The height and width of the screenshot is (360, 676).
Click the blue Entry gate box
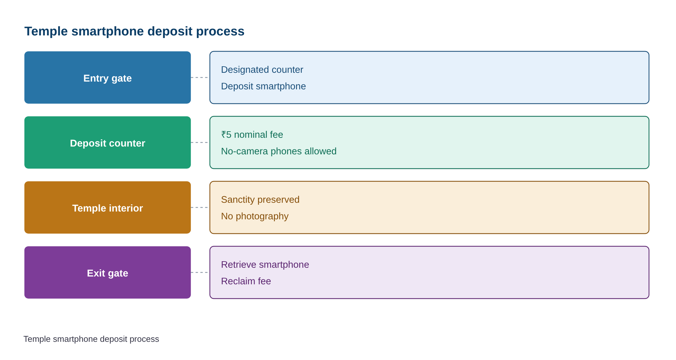click(x=108, y=78)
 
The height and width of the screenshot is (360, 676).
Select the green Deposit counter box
click(x=108, y=143)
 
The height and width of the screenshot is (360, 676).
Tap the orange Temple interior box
click(x=108, y=208)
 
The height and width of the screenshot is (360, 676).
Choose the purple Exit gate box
click(x=108, y=273)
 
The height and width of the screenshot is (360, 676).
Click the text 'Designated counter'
click(x=262, y=70)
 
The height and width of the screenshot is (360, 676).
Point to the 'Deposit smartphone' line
click(x=263, y=86)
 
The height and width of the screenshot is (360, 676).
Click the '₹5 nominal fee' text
click(x=252, y=135)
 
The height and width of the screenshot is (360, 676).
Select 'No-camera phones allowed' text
click(x=279, y=151)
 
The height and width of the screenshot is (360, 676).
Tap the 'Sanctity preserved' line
click(x=260, y=199)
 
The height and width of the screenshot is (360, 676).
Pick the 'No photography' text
click(x=254, y=216)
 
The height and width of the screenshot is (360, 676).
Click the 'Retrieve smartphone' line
click(x=265, y=264)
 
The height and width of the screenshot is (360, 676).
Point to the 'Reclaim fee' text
click(x=246, y=281)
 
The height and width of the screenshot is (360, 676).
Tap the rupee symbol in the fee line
click(x=224, y=135)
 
